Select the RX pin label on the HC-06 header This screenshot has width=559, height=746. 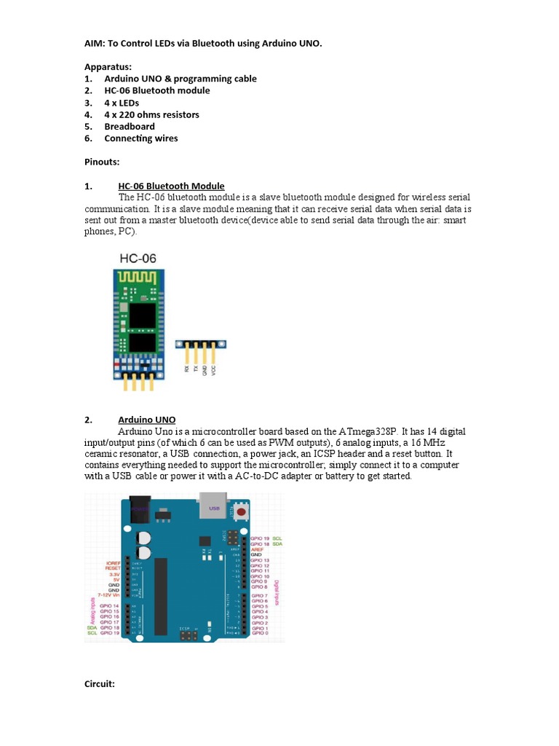click(188, 369)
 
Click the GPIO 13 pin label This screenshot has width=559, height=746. click(260, 560)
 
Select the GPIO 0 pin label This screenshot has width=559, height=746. click(260, 633)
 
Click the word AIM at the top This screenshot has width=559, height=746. click(95, 44)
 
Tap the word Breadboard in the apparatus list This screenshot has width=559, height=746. click(130, 126)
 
